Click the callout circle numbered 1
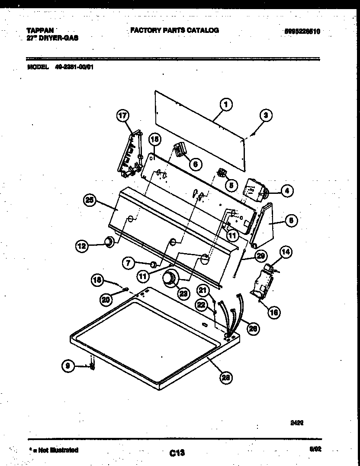click(x=225, y=104)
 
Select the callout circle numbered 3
click(x=267, y=115)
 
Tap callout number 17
click(x=123, y=116)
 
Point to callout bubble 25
click(x=90, y=200)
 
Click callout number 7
click(x=128, y=262)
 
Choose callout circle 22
click(x=201, y=305)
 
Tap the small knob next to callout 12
click(x=109, y=241)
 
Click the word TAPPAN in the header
click(x=40, y=30)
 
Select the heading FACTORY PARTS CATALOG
click(x=174, y=30)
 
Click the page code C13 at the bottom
click(x=177, y=453)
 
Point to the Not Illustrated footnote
click(x=54, y=450)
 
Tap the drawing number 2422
click(x=296, y=424)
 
